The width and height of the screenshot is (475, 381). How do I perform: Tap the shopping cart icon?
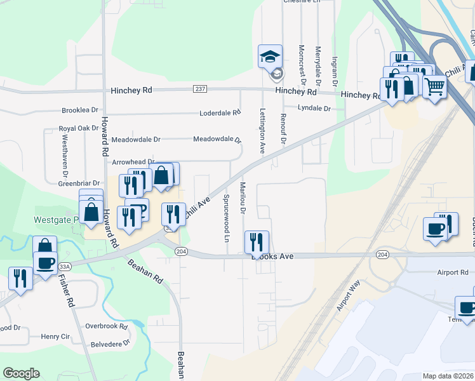click(x=434, y=86)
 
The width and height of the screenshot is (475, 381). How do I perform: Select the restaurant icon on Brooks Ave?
click(x=257, y=242)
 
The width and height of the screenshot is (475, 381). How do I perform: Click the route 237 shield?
click(x=201, y=88)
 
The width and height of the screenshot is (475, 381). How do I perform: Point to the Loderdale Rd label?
click(x=220, y=112)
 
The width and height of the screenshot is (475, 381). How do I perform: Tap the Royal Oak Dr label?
click(x=79, y=128)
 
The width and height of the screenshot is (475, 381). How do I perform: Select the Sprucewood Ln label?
click(x=226, y=218)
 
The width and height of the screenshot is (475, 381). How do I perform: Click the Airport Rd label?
click(x=452, y=272)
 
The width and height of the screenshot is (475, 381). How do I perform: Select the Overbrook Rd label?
click(x=107, y=326)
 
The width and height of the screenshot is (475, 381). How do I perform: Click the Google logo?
click(x=21, y=373)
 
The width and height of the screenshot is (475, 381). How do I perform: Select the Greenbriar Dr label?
click(x=79, y=184)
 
